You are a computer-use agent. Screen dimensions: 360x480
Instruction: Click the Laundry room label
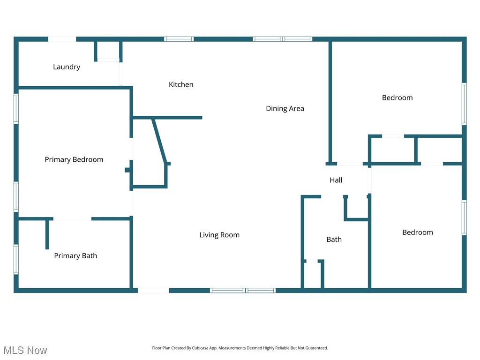(x=67, y=67)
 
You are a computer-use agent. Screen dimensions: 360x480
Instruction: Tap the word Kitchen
(x=181, y=85)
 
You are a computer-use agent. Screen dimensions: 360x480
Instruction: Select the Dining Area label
(x=285, y=109)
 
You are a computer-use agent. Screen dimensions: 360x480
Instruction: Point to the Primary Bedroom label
(x=74, y=160)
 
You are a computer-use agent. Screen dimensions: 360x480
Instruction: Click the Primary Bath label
(x=75, y=256)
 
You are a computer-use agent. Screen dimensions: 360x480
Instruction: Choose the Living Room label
(x=219, y=235)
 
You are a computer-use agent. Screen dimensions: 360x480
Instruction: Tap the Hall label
(x=336, y=180)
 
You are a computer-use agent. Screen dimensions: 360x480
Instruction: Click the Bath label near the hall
(x=334, y=240)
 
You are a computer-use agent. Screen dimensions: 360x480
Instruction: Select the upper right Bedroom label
(x=397, y=98)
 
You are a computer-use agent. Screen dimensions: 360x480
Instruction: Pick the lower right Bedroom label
(x=417, y=232)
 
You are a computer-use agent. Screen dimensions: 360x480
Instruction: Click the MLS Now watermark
(x=25, y=350)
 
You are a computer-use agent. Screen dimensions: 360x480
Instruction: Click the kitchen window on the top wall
(x=179, y=39)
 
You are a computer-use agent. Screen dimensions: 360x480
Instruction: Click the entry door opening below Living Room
(x=153, y=291)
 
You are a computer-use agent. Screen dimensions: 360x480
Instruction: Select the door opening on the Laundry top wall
(x=62, y=39)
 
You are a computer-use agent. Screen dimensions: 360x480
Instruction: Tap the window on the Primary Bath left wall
(x=16, y=259)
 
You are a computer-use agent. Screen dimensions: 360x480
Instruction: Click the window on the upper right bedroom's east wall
(x=464, y=104)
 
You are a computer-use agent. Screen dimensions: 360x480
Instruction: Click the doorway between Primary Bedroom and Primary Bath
(x=72, y=218)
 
